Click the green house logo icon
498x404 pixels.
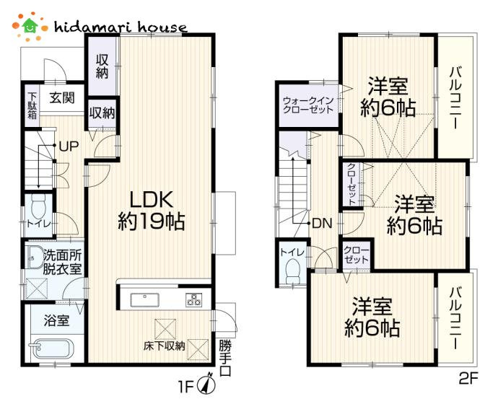30,26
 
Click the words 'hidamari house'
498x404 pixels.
121,27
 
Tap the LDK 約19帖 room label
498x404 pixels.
152,210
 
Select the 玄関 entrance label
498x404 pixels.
62,97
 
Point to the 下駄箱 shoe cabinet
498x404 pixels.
32,105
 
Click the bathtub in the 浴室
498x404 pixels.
51,348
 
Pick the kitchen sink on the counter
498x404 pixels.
145,299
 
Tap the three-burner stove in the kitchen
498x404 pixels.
193,299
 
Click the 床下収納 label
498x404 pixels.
164,346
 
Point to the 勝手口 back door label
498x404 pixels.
225,359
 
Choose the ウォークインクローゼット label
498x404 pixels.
307,105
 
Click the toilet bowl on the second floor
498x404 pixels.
293,271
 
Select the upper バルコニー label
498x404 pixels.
455,97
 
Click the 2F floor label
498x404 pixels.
468,379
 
